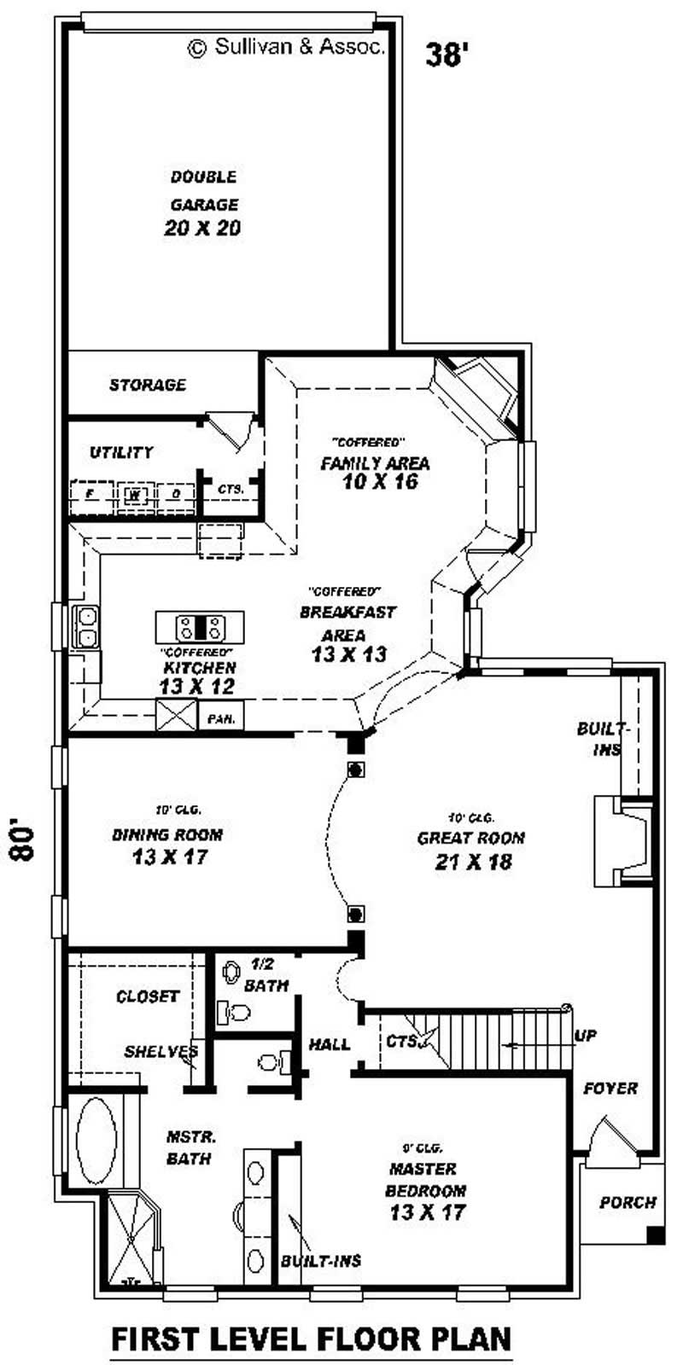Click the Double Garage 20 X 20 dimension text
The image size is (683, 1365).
click(202, 228)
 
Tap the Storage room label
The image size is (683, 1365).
click(147, 385)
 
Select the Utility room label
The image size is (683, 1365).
click(121, 452)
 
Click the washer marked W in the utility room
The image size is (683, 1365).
click(133, 494)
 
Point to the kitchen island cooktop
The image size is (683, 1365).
click(200, 628)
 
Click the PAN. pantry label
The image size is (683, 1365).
click(220, 718)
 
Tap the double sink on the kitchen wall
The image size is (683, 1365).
click(86, 627)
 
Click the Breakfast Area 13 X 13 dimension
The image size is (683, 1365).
click(348, 654)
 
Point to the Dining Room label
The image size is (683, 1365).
click(167, 834)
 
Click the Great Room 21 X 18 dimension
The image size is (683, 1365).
click(473, 862)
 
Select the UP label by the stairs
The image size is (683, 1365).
click(586, 1036)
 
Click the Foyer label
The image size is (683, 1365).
click(610, 1089)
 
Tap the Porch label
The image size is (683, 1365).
click(628, 1202)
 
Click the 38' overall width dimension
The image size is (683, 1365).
click(447, 55)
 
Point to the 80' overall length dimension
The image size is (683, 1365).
click(24, 843)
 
